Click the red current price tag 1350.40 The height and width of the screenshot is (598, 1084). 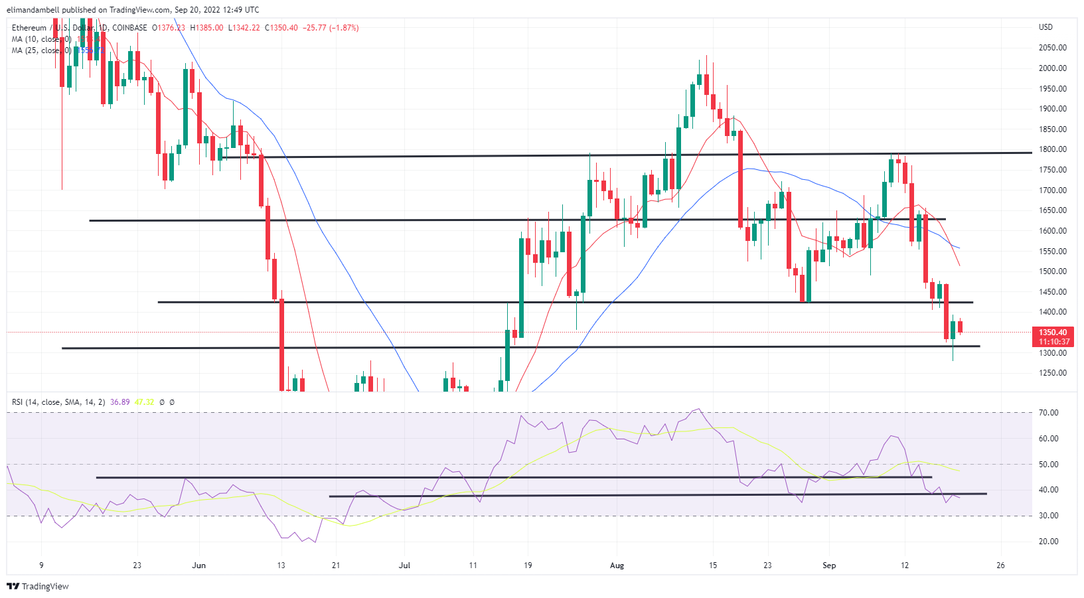tap(1053, 333)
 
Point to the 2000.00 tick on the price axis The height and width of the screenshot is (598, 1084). tap(1053, 68)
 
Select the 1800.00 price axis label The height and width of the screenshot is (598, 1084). tap(1053, 149)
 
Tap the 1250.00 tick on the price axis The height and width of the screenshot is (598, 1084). tap(1053, 373)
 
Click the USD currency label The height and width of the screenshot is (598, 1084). tap(1045, 27)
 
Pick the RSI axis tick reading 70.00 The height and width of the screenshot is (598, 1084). tap(1049, 413)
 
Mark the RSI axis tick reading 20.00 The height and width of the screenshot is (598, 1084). tap(1049, 542)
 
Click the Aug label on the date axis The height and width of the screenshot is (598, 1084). tap(617, 565)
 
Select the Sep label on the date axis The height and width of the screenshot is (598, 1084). tap(829, 565)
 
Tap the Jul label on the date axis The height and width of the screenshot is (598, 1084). tap(404, 565)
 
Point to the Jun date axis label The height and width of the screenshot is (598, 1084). tap(198, 565)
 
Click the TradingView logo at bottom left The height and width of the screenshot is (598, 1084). tap(38, 586)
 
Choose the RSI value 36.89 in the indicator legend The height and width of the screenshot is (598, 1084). tap(119, 402)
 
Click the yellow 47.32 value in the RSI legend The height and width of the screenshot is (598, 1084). tap(144, 402)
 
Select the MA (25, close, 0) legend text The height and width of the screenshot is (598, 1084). tap(41, 50)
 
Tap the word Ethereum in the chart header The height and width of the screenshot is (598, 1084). tap(29, 28)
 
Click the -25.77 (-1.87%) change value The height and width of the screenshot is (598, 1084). tap(331, 28)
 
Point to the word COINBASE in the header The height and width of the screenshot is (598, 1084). tap(130, 28)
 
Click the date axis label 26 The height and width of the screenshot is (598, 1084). tap(1000, 565)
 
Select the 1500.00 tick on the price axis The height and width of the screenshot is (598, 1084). tap(1053, 271)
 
